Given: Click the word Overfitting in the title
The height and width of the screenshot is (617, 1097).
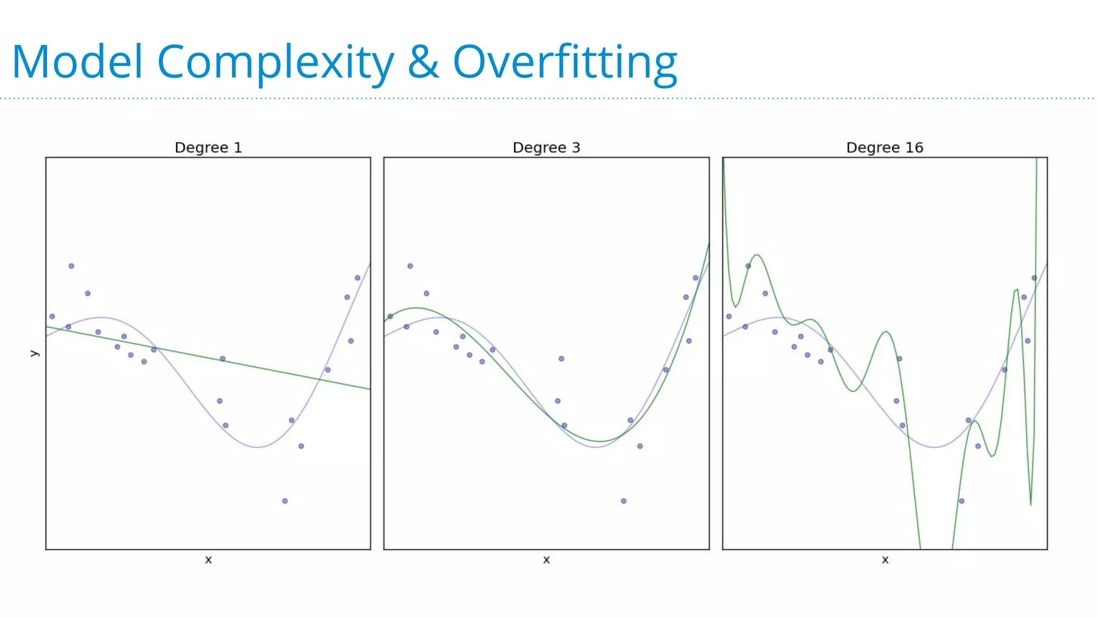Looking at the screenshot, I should click(565, 63).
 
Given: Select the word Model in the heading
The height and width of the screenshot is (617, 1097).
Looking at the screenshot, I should click(78, 63).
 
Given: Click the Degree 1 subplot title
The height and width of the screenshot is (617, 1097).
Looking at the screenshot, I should click(208, 148).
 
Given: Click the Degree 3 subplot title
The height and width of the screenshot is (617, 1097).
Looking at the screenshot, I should click(546, 148).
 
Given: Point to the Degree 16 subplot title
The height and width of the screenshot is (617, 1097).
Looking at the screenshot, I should click(885, 148).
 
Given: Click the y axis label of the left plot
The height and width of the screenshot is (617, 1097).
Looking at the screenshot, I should click(34, 353).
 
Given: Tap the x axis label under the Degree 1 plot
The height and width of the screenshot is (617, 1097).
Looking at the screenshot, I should click(208, 560).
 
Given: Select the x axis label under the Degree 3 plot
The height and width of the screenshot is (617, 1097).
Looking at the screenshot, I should click(546, 560).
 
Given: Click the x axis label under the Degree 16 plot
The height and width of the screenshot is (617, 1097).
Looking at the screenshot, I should click(885, 560).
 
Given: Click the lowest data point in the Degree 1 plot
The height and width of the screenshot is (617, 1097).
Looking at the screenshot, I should click(285, 501).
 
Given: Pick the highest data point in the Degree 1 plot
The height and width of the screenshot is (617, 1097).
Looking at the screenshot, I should click(71, 266).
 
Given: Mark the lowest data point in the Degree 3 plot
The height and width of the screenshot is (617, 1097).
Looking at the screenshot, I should click(623, 501).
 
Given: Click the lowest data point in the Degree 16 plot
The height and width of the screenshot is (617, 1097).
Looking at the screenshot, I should click(962, 501).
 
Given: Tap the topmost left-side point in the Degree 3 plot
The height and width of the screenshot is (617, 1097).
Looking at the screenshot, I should click(410, 266).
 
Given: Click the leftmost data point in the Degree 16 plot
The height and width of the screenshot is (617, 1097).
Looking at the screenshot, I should click(729, 317).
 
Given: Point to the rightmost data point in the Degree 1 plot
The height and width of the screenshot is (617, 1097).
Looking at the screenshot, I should click(358, 278).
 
